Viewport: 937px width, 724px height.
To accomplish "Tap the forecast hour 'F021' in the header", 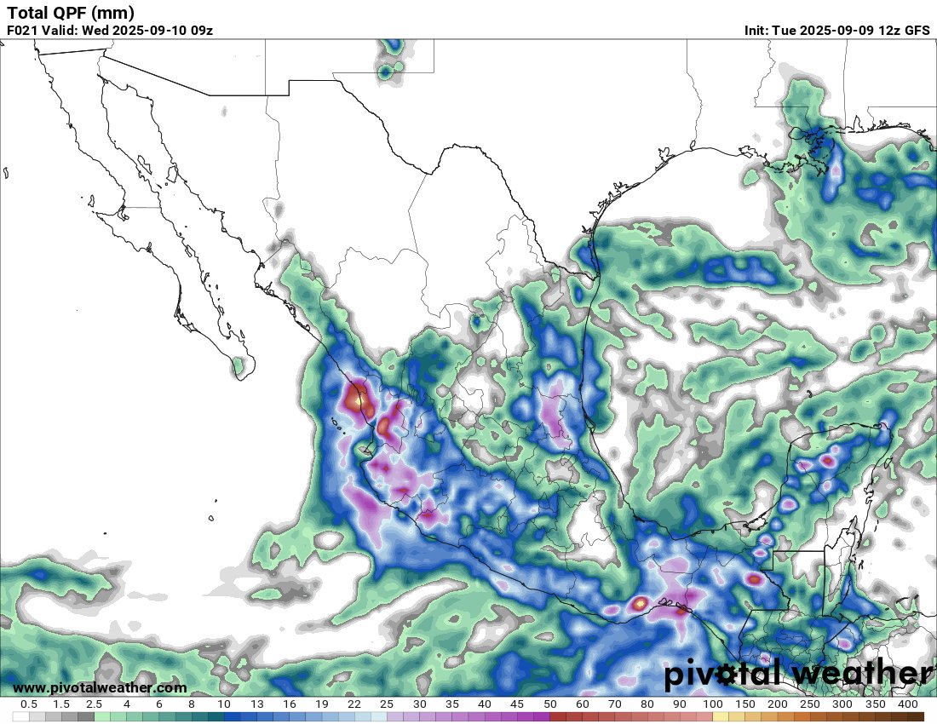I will tap(23, 30).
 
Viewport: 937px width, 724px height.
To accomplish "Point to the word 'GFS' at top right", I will tap(917, 30).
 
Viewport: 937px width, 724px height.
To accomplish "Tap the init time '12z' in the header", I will tap(887, 30).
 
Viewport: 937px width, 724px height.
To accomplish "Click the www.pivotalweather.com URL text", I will tap(100, 687).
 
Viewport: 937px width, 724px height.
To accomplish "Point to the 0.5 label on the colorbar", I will tap(29, 704).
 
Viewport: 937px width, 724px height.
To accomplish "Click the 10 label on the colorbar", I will tap(224, 704).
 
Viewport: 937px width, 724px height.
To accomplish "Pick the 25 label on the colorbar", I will tap(387, 704).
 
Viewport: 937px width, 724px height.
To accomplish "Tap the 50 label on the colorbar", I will tap(549, 704).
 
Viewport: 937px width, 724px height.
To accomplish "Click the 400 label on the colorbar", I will tap(907, 704).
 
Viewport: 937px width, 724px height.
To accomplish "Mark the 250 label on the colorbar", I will tap(810, 704).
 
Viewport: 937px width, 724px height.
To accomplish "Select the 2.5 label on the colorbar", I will tap(94, 704).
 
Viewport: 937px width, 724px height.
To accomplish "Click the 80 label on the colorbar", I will tap(647, 704).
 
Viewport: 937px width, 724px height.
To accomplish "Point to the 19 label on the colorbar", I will tap(322, 704).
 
